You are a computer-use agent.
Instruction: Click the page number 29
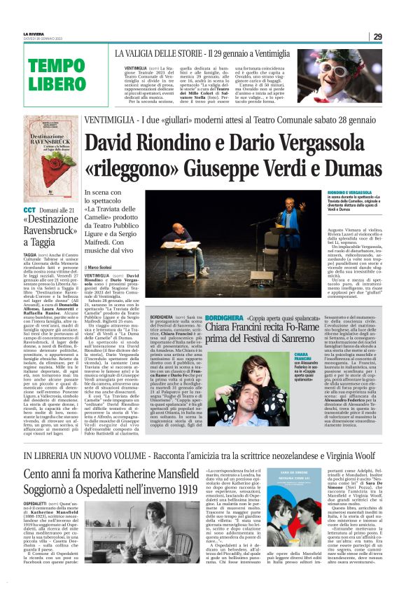[377, 36]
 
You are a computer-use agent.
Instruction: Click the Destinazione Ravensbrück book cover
[51, 155]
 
